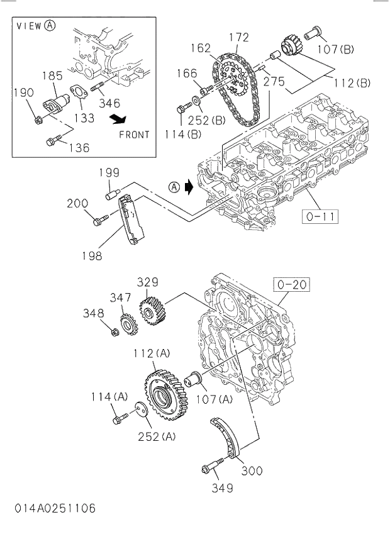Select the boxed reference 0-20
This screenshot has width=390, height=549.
pyautogui.click(x=291, y=284)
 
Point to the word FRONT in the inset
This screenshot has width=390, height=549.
pyautogui.click(x=134, y=134)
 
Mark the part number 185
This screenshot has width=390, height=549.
pyautogui.click(x=52, y=75)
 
